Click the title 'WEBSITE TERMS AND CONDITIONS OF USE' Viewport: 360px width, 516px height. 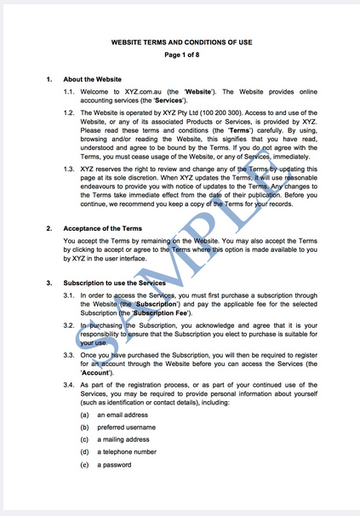179,41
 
